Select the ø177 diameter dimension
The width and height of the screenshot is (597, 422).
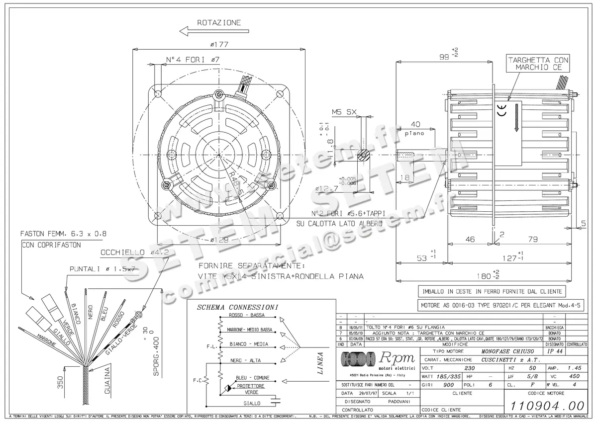219,44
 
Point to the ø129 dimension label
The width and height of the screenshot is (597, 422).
219,239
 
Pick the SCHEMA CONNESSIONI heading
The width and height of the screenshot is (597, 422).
237,307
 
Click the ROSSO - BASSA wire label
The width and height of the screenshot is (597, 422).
246,316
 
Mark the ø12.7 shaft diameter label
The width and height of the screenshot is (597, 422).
326,188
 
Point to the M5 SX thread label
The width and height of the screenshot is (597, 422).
343,112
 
